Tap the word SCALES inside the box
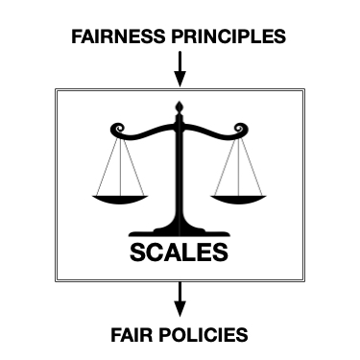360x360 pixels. [180, 253]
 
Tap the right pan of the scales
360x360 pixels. [236, 198]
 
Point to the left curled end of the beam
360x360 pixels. [117, 129]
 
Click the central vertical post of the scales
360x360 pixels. [180, 173]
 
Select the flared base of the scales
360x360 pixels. [180, 229]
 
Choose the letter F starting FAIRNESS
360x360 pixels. [78, 37]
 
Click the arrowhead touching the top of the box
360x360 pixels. [180, 81]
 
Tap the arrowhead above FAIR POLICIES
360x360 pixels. [180, 309]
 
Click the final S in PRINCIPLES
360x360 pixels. [279, 37]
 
